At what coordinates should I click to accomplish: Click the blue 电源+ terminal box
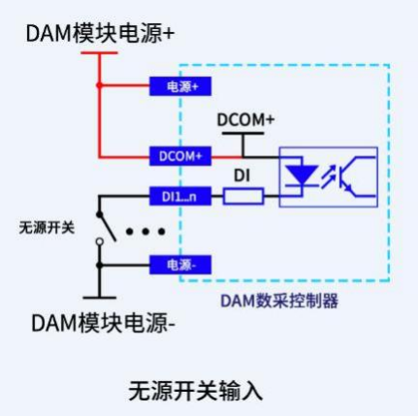point(180,86)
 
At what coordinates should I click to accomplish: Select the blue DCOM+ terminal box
point(180,156)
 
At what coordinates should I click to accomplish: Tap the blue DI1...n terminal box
point(180,196)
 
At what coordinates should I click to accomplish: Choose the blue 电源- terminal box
point(180,265)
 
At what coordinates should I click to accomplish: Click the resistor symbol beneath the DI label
point(243,197)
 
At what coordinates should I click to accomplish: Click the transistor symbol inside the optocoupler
point(356,176)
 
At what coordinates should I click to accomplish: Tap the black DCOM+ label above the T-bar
point(245,120)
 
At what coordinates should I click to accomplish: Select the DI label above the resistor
point(241,176)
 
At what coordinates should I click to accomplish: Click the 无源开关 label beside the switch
point(47,228)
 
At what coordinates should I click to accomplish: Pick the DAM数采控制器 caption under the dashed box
point(279,301)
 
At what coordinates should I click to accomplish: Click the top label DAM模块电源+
point(100,33)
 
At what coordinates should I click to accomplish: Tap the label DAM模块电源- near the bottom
point(103,323)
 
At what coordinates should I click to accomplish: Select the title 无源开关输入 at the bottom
point(196,391)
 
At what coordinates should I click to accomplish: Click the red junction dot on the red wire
point(99,85)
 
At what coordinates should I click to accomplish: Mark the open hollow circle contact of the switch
point(100,241)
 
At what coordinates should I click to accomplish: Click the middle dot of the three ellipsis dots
point(145,232)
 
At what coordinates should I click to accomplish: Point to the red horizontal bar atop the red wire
point(99,52)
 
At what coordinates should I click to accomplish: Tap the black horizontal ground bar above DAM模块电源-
point(100,298)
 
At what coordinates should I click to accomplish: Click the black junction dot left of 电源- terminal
point(100,266)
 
